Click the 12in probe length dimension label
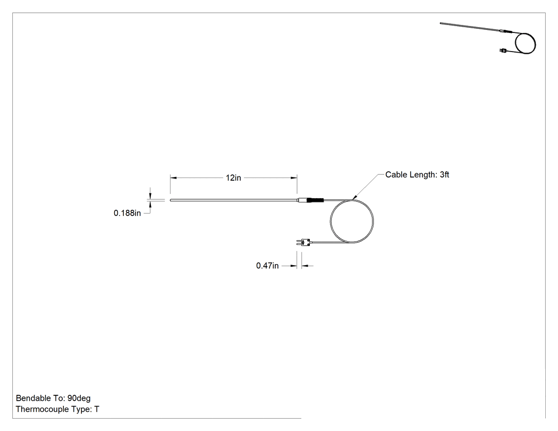coord(233,178)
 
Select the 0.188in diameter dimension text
coord(127,213)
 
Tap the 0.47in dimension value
coord(267,266)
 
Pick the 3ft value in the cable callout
coord(444,174)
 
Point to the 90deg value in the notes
coord(79,398)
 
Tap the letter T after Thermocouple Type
coord(97,409)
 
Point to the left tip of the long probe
coord(171,200)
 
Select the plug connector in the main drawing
coord(303,243)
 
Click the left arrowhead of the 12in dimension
coord(173,178)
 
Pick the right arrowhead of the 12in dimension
coord(294,178)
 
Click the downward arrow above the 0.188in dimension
coord(150,196)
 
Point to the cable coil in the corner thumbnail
coord(525,43)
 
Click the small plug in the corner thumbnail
coord(503,50)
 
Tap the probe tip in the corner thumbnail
coord(441,23)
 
